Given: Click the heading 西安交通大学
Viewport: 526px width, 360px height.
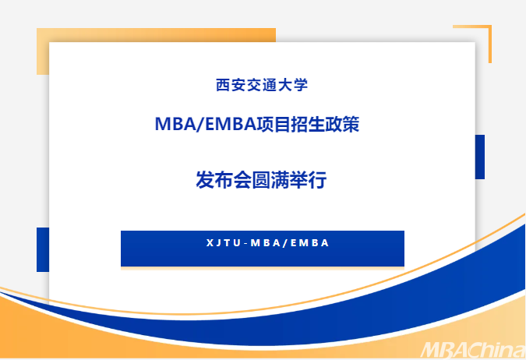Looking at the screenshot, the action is pyautogui.click(x=262, y=85).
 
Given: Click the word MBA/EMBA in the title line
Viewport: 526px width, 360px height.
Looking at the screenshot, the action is pyautogui.click(x=206, y=124).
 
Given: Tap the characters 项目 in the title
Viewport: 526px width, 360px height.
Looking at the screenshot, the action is pyautogui.click(x=274, y=124).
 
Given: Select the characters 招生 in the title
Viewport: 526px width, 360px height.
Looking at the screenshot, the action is pyautogui.click(x=309, y=124).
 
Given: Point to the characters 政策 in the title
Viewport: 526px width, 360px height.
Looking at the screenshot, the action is pyautogui.click(x=343, y=124).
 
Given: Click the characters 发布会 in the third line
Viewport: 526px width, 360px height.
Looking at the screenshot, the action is pyautogui.click(x=224, y=180).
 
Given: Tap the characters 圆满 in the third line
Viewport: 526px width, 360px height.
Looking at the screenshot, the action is pyautogui.click(x=270, y=180).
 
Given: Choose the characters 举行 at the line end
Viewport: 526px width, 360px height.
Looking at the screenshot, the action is pyautogui.click(x=308, y=180).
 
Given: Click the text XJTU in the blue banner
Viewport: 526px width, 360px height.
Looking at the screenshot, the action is pyautogui.click(x=224, y=243).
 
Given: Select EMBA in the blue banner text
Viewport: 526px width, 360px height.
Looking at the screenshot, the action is pyautogui.click(x=309, y=243).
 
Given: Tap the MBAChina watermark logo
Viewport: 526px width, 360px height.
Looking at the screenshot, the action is pyautogui.click(x=473, y=350).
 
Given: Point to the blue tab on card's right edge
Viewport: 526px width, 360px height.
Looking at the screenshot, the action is pyautogui.click(x=480, y=157).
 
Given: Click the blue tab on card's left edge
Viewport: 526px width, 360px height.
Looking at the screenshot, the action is pyautogui.click(x=43, y=249).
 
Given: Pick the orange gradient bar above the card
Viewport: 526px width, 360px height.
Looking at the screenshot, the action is pyautogui.click(x=156, y=35).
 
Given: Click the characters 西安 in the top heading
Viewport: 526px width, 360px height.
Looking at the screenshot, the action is pyautogui.click(x=231, y=85).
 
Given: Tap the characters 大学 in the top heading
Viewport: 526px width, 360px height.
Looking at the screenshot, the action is pyautogui.click(x=293, y=85).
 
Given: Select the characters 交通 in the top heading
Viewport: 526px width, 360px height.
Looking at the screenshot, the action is pyautogui.click(x=262, y=85).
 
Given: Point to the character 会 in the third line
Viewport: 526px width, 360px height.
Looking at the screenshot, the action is pyautogui.click(x=242, y=180).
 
